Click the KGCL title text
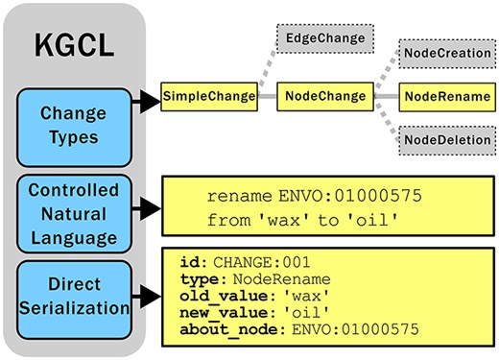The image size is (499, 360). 73,45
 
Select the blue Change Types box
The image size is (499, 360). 73,126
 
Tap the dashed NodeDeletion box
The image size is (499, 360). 444,140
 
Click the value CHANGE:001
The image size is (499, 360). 252,261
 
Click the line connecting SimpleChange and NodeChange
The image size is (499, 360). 268,97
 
